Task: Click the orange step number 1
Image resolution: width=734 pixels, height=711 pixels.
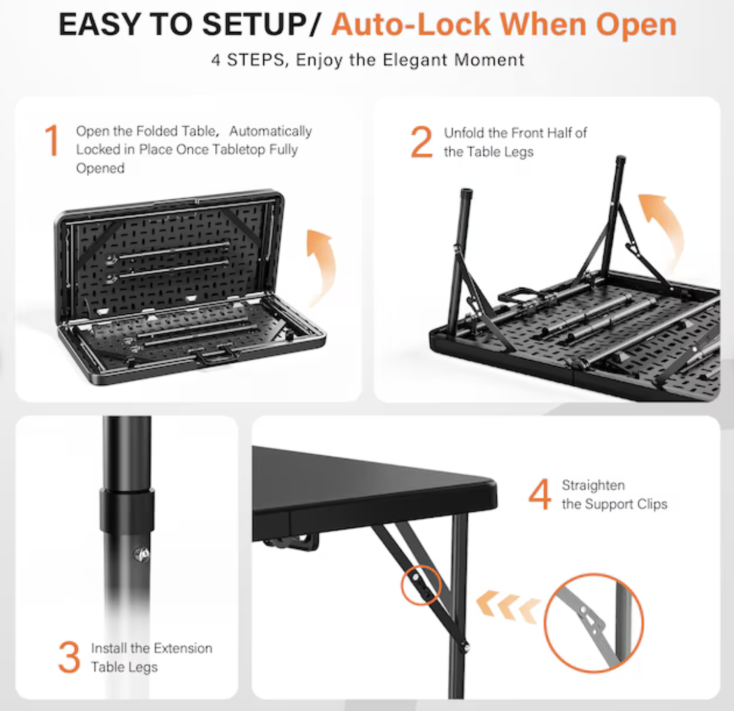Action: click(52, 141)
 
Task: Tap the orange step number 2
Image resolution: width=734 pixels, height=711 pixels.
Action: click(421, 142)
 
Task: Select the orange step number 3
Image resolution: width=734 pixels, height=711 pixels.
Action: click(69, 657)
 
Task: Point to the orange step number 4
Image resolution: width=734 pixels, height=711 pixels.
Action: click(539, 494)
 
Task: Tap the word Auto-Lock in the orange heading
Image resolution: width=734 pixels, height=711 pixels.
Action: click(411, 25)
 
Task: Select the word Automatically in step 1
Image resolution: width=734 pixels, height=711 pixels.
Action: click(270, 131)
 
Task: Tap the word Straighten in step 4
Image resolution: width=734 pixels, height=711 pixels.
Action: click(593, 486)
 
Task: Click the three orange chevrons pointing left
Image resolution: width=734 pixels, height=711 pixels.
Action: click(508, 605)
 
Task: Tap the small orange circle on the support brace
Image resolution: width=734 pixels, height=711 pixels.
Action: click(421, 585)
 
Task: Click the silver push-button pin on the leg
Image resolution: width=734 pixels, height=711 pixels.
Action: click(143, 554)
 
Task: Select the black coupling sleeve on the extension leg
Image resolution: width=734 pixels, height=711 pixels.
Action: click(127, 510)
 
